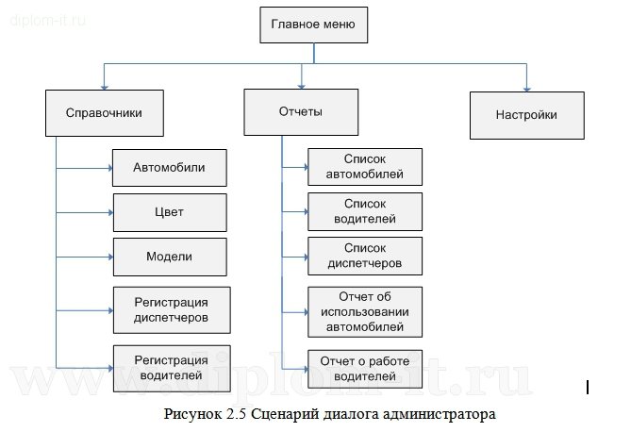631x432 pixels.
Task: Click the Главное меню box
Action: [x=312, y=25]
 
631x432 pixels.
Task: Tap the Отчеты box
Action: [x=301, y=112]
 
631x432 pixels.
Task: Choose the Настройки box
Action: [x=526, y=115]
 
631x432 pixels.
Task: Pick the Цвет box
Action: [x=170, y=212]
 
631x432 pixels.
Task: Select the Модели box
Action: [x=170, y=257]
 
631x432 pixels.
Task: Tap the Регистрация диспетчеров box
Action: [x=171, y=309]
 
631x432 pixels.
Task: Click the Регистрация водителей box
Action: [x=171, y=367]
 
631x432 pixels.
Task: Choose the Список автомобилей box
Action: [x=365, y=167]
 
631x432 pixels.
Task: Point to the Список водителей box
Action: [x=365, y=211]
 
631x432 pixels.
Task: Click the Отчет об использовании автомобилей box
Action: [x=365, y=311]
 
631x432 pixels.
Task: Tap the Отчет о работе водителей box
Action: [x=365, y=369]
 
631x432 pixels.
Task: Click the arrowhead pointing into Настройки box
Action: [x=526, y=86]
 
